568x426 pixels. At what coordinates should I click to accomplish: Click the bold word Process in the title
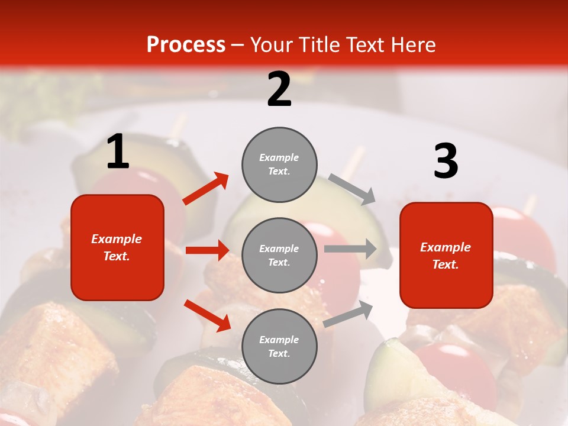pyautogui.click(x=186, y=44)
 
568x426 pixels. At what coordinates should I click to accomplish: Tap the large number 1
pyautogui.click(x=118, y=152)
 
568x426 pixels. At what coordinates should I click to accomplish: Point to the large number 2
pyautogui.click(x=279, y=89)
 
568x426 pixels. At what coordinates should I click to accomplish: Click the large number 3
pyautogui.click(x=446, y=162)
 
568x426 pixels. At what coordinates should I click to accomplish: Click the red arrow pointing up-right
pyautogui.click(x=206, y=189)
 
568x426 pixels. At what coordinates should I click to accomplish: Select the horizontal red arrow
pyautogui.click(x=207, y=250)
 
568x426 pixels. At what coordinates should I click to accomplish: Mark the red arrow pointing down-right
pyautogui.click(x=207, y=315)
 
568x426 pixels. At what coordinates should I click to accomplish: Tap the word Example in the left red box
pyautogui.click(x=117, y=239)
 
